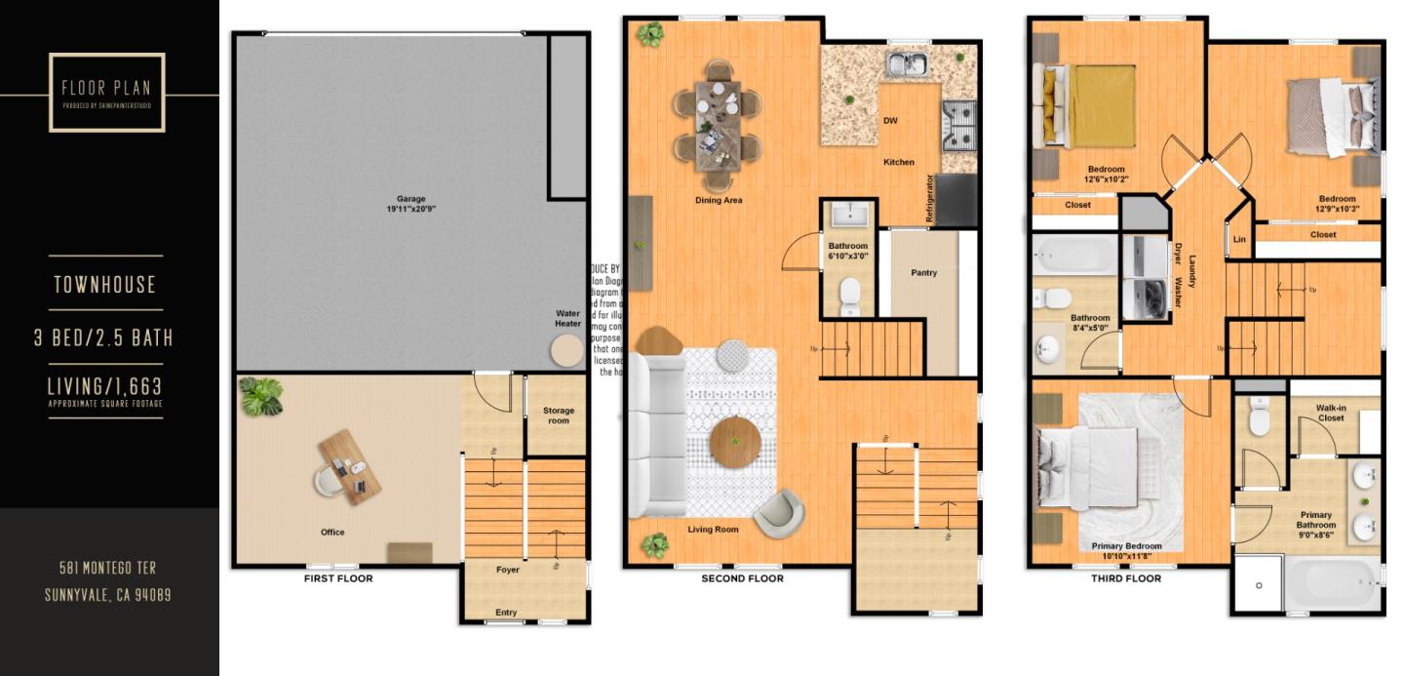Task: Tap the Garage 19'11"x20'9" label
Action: (410, 204)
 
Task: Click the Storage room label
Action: (559, 416)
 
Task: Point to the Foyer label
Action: (508, 570)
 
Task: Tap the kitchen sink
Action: (908, 65)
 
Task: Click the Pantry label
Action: (923, 273)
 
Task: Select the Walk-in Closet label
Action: (1331, 413)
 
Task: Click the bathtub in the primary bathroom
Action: (1332, 583)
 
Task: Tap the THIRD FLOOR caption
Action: (1126, 578)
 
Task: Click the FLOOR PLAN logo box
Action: (107, 93)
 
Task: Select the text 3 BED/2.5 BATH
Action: (103, 338)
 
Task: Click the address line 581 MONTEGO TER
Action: (107, 568)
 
